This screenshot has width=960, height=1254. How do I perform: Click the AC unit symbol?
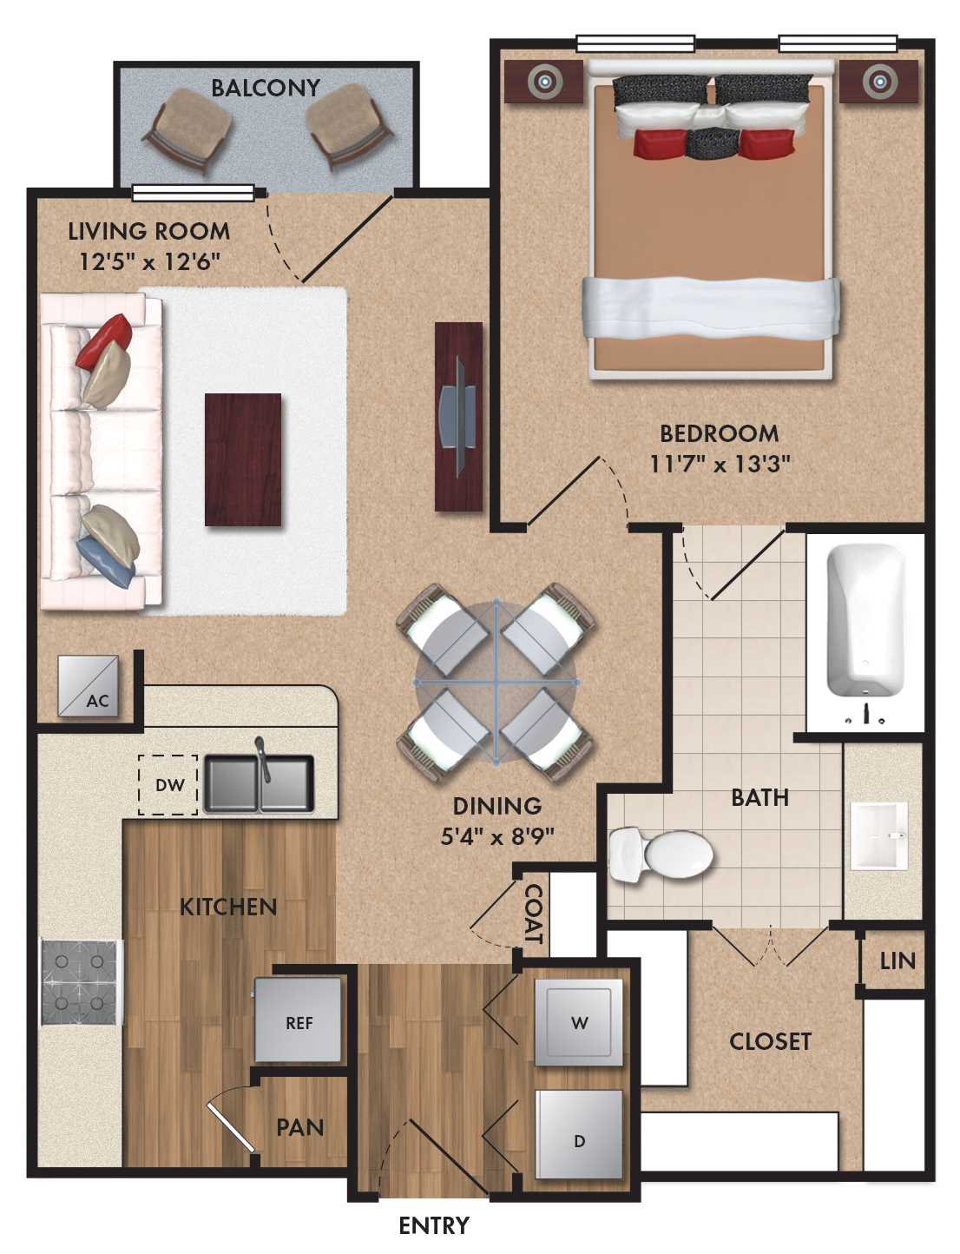tap(88, 686)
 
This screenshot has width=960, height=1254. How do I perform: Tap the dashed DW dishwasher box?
tap(168, 785)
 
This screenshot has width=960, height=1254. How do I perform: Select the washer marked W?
tap(579, 1022)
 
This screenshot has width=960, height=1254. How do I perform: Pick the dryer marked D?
tap(579, 1134)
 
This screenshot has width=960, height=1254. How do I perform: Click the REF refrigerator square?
tap(299, 1020)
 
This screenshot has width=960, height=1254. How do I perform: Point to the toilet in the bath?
tap(660, 855)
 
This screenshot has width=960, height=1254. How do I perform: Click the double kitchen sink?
tap(258, 783)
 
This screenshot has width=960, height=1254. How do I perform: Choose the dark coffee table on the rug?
tap(243, 459)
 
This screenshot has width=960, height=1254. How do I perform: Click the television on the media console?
tap(457, 417)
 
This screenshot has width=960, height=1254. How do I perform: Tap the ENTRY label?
tap(433, 1225)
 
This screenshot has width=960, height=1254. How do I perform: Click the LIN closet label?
tap(897, 960)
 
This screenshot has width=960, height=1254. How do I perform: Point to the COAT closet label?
tap(533, 914)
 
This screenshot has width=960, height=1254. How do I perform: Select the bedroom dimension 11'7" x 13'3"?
tap(720, 464)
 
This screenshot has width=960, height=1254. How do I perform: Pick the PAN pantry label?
tap(299, 1127)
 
